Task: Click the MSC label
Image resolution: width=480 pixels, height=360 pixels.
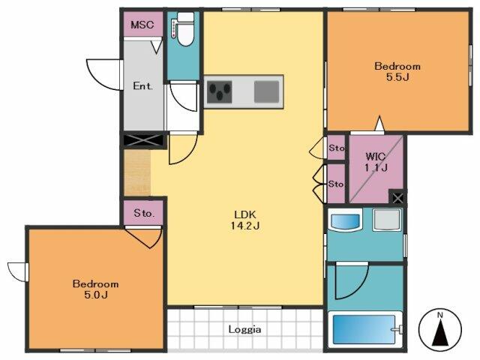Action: [142, 25]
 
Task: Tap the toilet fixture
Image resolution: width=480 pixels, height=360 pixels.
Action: [183, 29]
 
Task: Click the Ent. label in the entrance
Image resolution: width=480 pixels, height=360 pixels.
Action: [142, 85]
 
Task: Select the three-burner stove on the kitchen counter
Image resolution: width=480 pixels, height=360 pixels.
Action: [219, 91]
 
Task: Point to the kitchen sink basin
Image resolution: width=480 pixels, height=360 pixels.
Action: [267, 91]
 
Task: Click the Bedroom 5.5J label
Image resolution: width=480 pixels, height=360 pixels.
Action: [397, 71]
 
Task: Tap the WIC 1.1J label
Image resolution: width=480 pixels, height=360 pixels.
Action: [376, 162]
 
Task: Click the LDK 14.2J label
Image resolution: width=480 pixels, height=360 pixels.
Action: [245, 220]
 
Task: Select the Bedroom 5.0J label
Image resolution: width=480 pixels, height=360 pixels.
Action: [95, 289]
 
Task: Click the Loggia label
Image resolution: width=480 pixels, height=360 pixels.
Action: [245, 329]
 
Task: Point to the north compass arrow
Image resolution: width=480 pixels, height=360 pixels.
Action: [440, 333]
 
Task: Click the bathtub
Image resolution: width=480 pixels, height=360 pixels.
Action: [365, 329]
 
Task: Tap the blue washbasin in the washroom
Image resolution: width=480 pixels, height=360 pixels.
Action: [345, 220]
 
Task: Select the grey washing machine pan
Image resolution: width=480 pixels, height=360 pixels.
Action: [387, 220]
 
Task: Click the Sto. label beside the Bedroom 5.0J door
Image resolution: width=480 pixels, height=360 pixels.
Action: [144, 213]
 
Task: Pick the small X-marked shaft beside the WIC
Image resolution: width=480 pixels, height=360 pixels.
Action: [397, 198]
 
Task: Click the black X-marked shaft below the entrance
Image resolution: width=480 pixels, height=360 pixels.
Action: [144, 140]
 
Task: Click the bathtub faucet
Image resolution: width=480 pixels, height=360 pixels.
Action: [397, 330]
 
